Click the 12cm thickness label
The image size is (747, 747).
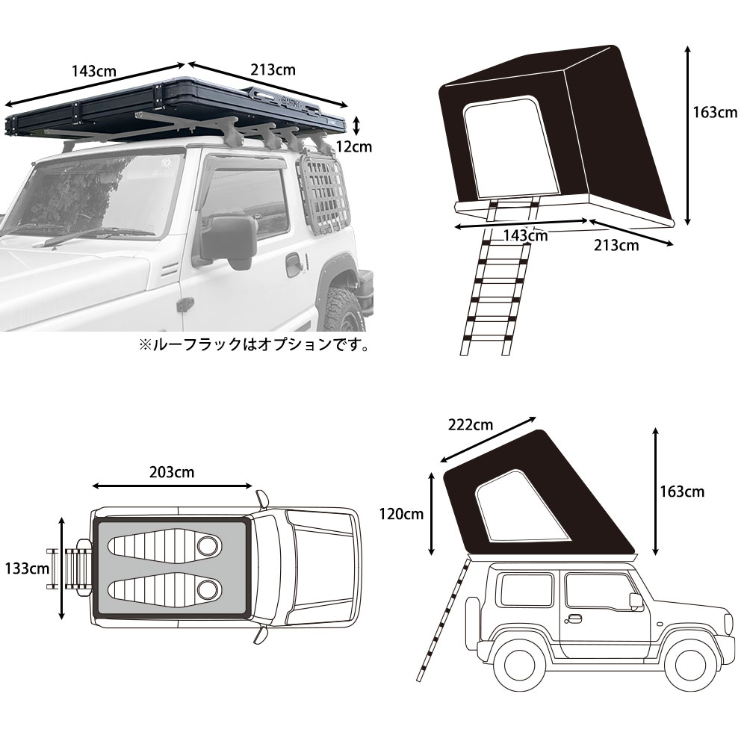point(353,146)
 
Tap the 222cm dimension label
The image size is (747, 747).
point(471,425)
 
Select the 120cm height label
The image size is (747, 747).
point(402,514)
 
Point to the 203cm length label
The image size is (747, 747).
point(172,472)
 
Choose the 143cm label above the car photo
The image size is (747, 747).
point(93,72)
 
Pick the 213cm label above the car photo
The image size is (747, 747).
point(273,70)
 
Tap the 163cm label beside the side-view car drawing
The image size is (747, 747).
point(682,492)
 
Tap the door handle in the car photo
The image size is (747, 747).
point(294,264)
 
